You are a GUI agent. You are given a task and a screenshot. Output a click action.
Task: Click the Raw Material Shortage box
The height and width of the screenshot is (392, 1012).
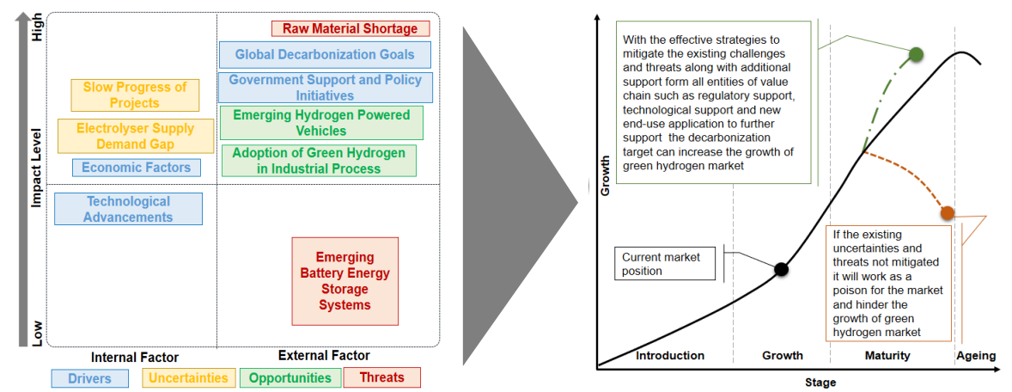pyautogui.click(x=350, y=28)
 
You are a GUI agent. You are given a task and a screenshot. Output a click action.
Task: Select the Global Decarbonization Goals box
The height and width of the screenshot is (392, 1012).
pyautogui.click(x=325, y=55)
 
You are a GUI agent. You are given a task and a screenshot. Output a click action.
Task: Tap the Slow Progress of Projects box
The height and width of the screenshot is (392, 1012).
pyautogui.click(x=135, y=95)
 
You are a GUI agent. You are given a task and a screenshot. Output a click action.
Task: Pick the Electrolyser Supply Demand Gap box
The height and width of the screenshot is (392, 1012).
pyautogui.click(x=136, y=137)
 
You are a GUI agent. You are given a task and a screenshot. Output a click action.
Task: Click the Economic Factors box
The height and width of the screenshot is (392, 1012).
pyautogui.click(x=136, y=168)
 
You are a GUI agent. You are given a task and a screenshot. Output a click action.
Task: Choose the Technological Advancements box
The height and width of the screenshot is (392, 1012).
pyautogui.click(x=129, y=209)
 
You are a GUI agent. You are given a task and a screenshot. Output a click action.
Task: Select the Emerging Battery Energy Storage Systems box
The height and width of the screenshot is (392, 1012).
pyautogui.click(x=344, y=281)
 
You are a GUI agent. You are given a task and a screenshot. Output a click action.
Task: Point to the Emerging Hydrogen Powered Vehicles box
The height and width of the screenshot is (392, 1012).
pyautogui.click(x=321, y=123)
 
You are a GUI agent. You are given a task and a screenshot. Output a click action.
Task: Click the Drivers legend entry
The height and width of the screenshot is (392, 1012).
pyautogui.click(x=89, y=378)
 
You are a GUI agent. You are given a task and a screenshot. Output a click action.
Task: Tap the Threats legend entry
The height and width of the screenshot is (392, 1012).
pyautogui.click(x=381, y=377)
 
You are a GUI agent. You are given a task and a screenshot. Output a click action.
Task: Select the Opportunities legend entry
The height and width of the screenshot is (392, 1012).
pyautogui.click(x=290, y=377)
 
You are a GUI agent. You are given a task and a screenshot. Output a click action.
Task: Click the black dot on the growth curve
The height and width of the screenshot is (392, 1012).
pyautogui.click(x=781, y=269)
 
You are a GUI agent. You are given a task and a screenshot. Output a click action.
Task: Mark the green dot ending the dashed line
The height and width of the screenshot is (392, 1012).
pyautogui.click(x=916, y=55)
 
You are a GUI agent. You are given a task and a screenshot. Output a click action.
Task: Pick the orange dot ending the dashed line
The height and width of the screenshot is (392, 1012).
pyautogui.click(x=947, y=212)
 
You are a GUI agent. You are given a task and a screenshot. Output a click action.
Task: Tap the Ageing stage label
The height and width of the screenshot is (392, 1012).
pyautogui.click(x=975, y=355)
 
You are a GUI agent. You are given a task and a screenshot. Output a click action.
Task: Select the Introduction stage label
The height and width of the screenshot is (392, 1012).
pyautogui.click(x=670, y=355)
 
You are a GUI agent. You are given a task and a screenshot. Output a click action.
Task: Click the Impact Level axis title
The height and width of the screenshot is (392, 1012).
pyautogui.click(x=37, y=168)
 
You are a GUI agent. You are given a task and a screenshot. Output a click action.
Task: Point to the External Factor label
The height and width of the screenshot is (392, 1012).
pyautogui.click(x=324, y=355)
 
